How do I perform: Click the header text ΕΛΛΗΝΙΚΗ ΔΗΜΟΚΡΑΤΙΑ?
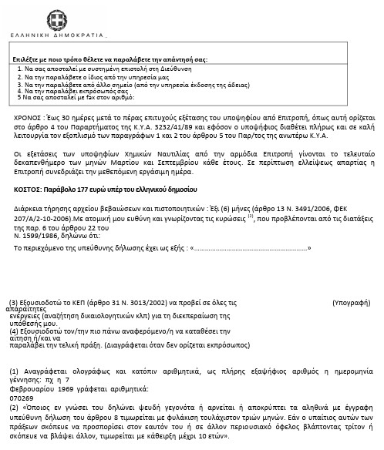click(58, 36)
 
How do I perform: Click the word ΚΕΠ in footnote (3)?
click(80, 304)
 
